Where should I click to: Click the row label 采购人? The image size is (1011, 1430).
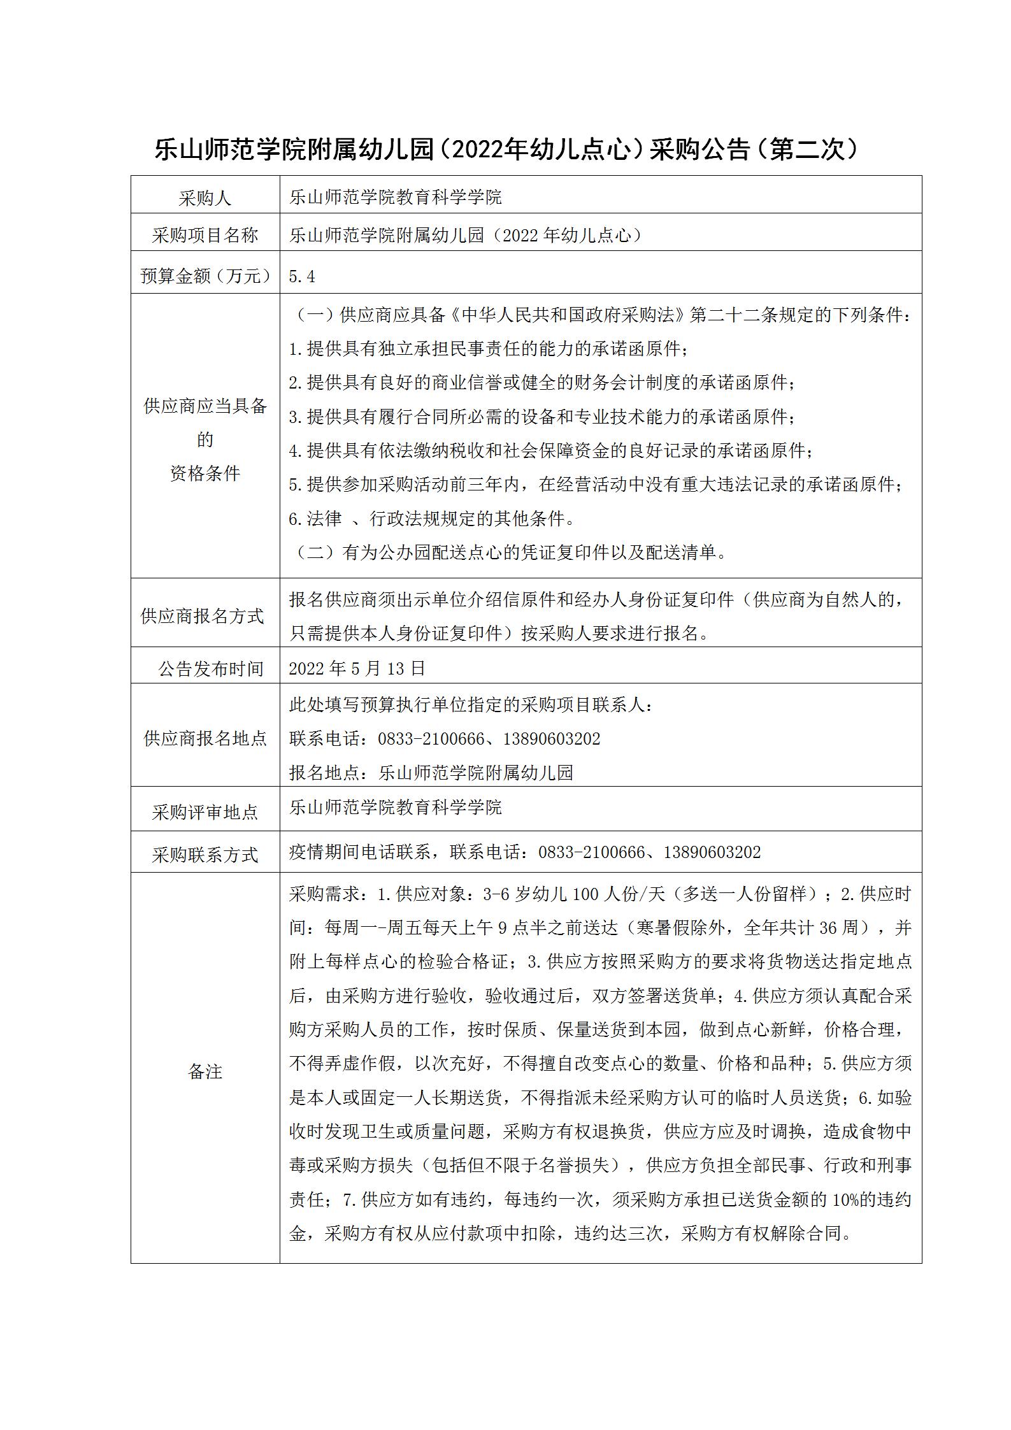[204, 199]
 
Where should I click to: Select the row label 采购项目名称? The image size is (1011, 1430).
[204, 236]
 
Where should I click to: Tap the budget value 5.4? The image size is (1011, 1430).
[302, 276]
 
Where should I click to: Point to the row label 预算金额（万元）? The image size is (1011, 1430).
[205, 276]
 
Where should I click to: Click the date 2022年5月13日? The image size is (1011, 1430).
[357, 668]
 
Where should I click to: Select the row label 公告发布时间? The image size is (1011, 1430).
[210, 669]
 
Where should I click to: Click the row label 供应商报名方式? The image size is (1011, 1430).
[202, 616]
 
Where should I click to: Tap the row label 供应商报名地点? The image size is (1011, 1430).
[205, 739]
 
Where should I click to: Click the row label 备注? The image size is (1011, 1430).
[205, 1071]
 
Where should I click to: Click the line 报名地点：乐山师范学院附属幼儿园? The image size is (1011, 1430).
[431, 773]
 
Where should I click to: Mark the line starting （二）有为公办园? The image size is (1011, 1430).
[510, 552]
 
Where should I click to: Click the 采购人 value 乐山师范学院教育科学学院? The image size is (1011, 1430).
[396, 197]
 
